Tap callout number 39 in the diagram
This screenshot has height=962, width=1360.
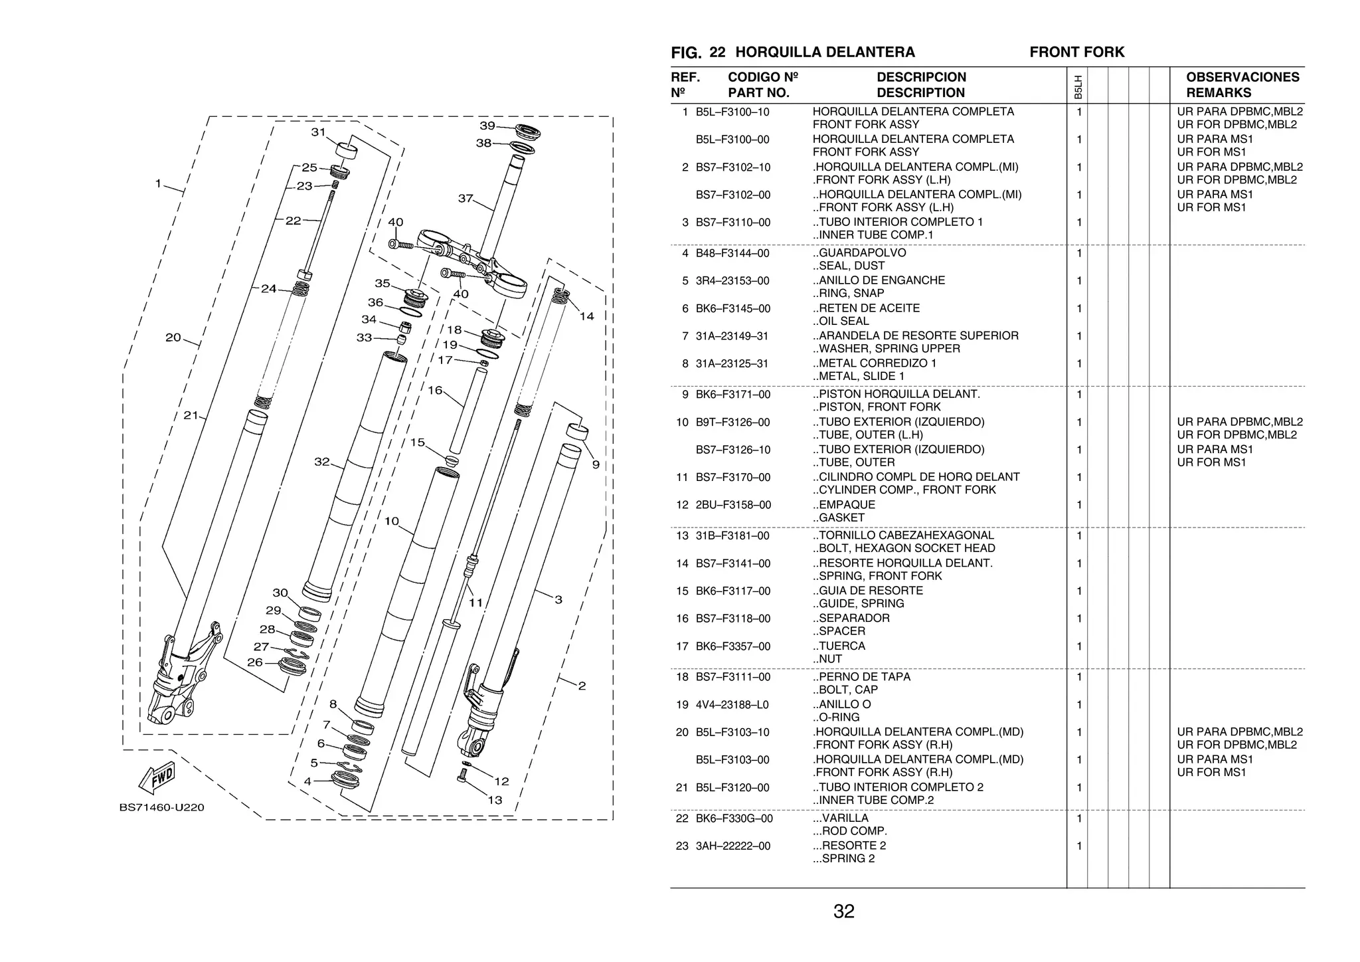(487, 126)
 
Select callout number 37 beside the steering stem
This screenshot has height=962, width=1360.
(466, 198)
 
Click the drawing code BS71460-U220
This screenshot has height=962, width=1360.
(161, 808)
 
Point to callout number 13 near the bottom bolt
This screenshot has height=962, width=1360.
(495, 800)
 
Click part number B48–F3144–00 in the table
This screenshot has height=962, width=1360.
(732, 253)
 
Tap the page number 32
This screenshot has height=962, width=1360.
(843, 912)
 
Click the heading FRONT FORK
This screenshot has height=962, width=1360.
(1076, 52)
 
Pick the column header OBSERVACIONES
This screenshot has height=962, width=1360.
(1242, 77)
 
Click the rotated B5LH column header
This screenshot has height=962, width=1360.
(1077, 87)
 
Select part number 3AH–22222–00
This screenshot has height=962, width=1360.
(733, 846)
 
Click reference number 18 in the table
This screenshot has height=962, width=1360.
(682, 677)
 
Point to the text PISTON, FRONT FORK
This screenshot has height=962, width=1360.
(879, 407)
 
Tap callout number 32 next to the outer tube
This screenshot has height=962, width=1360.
(322, 461)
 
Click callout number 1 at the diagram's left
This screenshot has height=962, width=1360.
(158, 183)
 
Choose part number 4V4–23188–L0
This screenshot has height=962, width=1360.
(733, 705)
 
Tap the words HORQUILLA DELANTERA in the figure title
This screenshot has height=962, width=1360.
(825, 52)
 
